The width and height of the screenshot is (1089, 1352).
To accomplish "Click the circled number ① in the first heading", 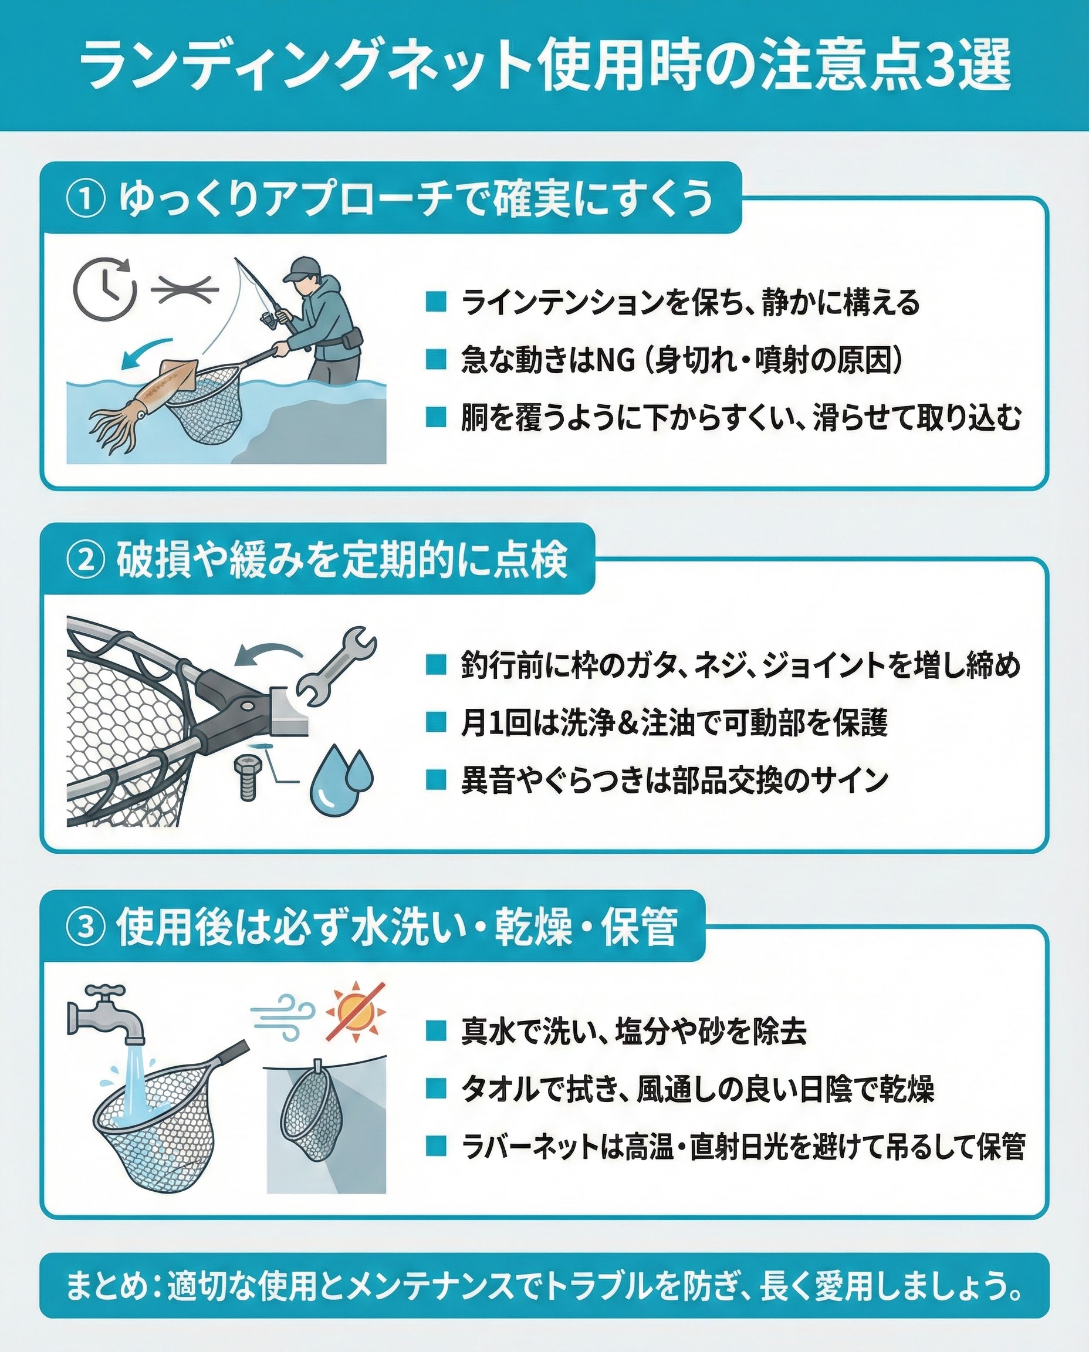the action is [86, 199].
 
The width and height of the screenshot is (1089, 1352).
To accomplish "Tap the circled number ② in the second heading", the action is [86, 560].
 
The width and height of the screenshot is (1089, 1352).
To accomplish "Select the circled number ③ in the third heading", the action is [86, 927].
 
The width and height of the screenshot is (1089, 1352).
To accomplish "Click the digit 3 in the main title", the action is [939, 65].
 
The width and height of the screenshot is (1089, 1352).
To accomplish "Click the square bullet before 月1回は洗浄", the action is [435, 722].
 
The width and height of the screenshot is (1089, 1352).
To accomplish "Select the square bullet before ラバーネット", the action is [435, 1145].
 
